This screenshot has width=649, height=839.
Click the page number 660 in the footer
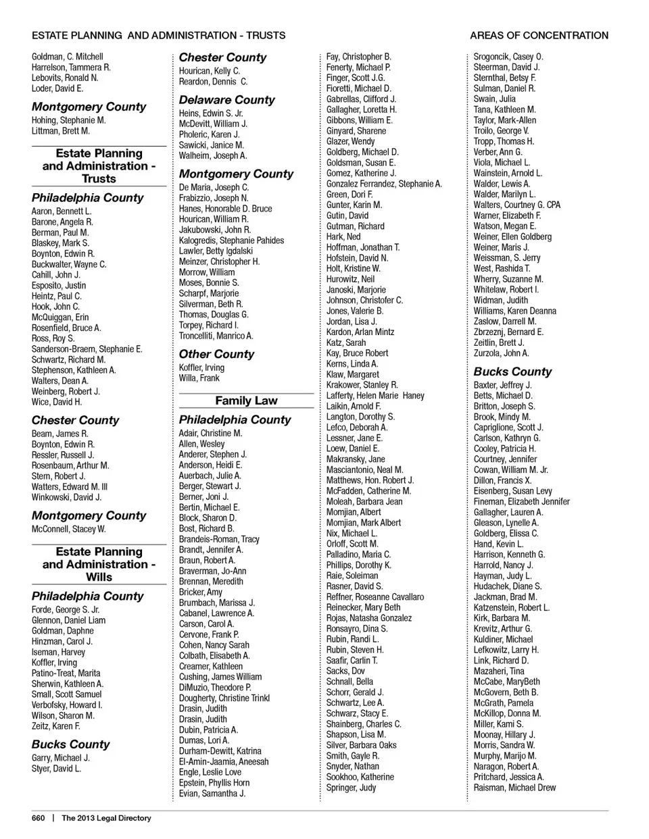38,818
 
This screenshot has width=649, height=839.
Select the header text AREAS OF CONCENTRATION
539,35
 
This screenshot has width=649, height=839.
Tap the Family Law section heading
246,401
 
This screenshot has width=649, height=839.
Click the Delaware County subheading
226,100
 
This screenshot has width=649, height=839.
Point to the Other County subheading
216,354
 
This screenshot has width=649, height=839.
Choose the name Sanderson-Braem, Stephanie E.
87,349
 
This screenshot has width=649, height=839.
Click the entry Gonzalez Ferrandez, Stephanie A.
384,184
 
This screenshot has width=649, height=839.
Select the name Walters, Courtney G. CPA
516,205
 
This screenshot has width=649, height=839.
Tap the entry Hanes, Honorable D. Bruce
225,209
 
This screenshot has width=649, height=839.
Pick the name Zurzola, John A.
501,353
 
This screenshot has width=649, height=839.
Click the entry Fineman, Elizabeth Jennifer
521,501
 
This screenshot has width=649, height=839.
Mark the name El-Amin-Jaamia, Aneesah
224,761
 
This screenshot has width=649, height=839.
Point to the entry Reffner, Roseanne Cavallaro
375,597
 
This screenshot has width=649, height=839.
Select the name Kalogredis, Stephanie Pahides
231,240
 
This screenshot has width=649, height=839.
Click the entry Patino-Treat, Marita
66,673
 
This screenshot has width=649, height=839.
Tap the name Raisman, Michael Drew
514,788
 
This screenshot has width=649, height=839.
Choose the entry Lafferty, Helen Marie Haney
375,395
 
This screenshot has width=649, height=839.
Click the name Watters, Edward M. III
69,486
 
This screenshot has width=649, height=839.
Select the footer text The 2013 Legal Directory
106,818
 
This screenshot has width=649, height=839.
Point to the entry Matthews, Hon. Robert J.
366,480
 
